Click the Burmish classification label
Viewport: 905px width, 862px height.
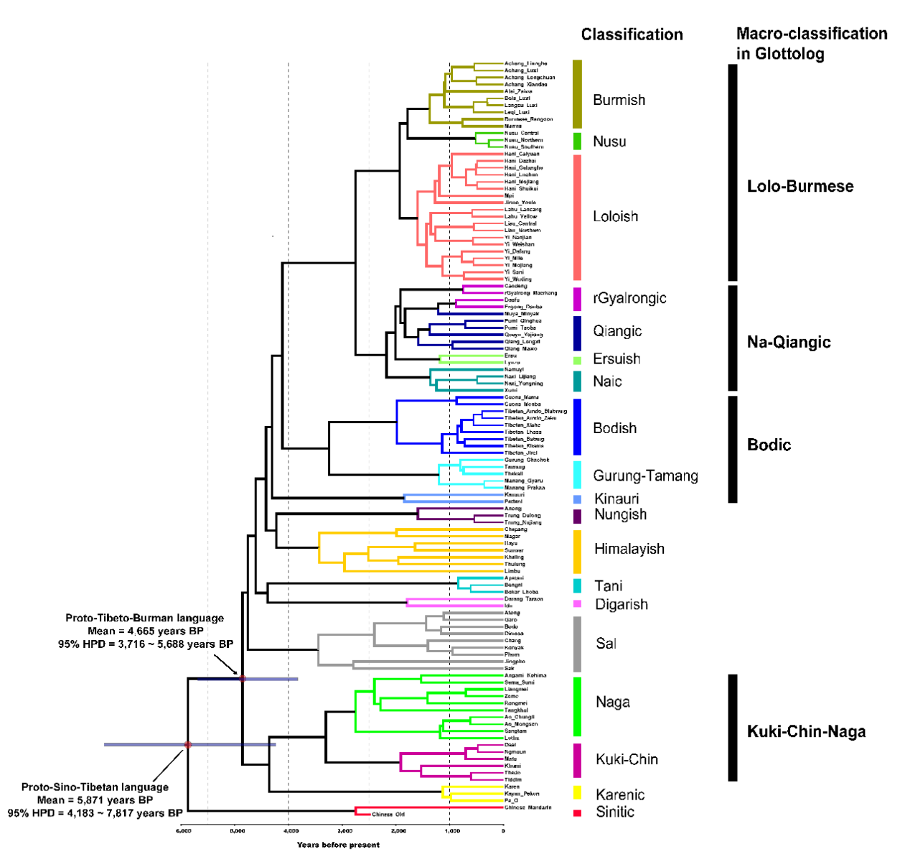pyautogui.click(x=619, y=100)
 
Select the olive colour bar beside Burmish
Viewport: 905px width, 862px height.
pyautogui.click(x=577, y=94)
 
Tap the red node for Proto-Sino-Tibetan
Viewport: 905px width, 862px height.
pyautogui.click(x=188, y=745)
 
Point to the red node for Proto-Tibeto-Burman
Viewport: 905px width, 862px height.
pyautogui.click(x=243, y=678)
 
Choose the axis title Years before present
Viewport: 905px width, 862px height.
pyautogui.click(x=338, y=845)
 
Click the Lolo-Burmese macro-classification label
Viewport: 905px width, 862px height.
pyautogui.click(x=800, y=187)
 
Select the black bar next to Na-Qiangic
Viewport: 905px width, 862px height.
pyautogui.click(x=733, y=338)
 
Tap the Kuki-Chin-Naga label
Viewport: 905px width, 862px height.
pyautogui.click(x=806, y=732)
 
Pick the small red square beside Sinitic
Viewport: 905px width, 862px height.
pyautogui.click(x=577, y=813)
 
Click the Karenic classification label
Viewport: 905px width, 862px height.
pyautogui.click(x=620, y=794)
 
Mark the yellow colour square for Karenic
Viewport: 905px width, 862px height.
pyautogui.click(x=577, y=793)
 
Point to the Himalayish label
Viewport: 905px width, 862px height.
pyautogui.click(x=629, y=549)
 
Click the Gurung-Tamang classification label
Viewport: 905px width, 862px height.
pyautogui.click(x=645, y=476)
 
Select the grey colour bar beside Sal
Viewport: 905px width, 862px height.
pyautogui.click(x=577, y=644)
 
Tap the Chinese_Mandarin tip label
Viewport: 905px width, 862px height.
pyautogui.click(x=528, y=807)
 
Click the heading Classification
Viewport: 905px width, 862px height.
pyautogui.click(x=632, y=34)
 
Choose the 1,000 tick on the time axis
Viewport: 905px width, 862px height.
pyautogui.click(x=451, y=831)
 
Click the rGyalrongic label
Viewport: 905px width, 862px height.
pyautogui.click(x=629, y=298)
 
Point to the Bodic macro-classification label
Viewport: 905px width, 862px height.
pyautogui.click(x=769, y=445)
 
